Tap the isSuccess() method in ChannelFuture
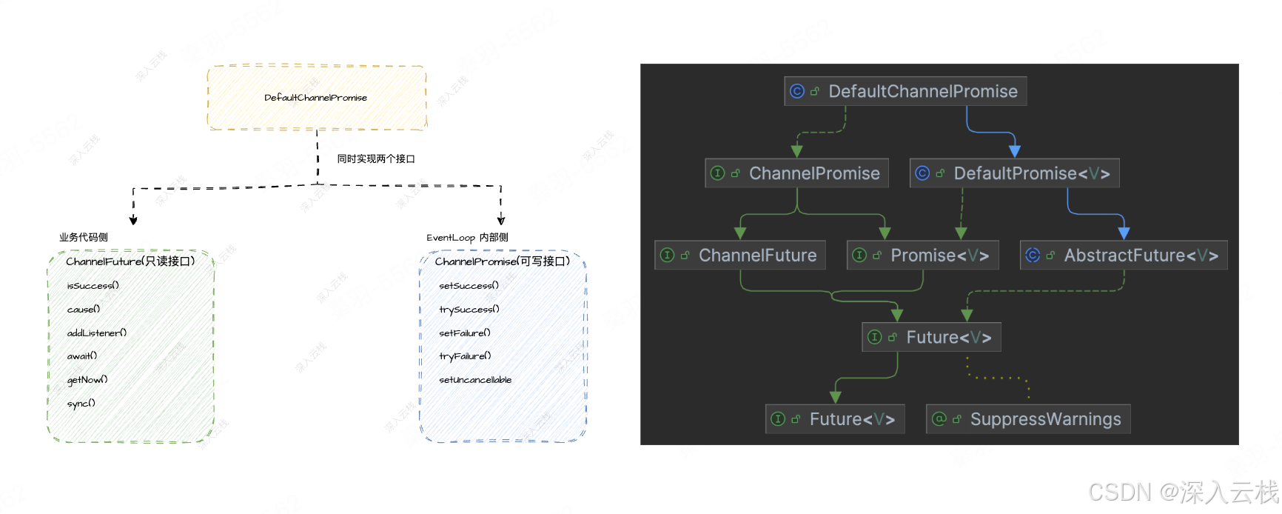tap(93, 286)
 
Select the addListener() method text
tap(97, 333)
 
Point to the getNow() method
tap(87, 380)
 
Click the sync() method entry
tap(81, 404)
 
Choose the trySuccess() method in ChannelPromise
tap(469, 310)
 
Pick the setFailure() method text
tap(465, 333)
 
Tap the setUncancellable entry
tap(475, 380)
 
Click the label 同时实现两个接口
tap(376, 159)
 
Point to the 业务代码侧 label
tap(84, 238)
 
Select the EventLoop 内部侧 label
tap(467, 238)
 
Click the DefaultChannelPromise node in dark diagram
tap(905, 91)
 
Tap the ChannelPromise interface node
tap(796, 173)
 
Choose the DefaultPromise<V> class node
tap(1014, 173)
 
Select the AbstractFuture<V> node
tap(1124, 256)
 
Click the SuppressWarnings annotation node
tap(1028, 419)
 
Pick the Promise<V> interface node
tap(922, 256)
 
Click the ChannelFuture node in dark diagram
tap(740, 256)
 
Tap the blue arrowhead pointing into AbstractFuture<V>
tap(1124, 233)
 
